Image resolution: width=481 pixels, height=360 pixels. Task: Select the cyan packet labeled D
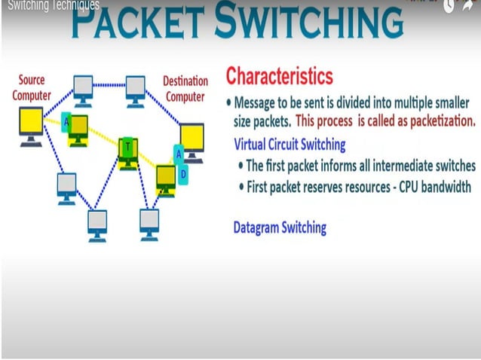[183, 174]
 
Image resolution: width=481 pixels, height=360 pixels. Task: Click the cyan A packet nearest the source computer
[66, 121]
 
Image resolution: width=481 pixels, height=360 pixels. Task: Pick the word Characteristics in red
[279, 76]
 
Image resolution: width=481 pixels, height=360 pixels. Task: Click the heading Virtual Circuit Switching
[290, 144]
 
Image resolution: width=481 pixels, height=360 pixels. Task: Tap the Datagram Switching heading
[280, 227]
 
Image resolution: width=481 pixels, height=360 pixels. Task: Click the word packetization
[439, 121]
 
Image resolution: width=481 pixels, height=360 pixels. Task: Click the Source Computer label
[32, 87]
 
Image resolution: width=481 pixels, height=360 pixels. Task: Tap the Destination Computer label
[185, 88]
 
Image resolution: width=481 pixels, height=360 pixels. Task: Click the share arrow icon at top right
[469, 6]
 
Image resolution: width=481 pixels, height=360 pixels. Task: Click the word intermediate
[399, 166]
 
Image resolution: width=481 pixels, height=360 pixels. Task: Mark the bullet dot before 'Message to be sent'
[229, 102]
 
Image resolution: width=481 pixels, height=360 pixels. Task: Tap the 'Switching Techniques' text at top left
[53, 5]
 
